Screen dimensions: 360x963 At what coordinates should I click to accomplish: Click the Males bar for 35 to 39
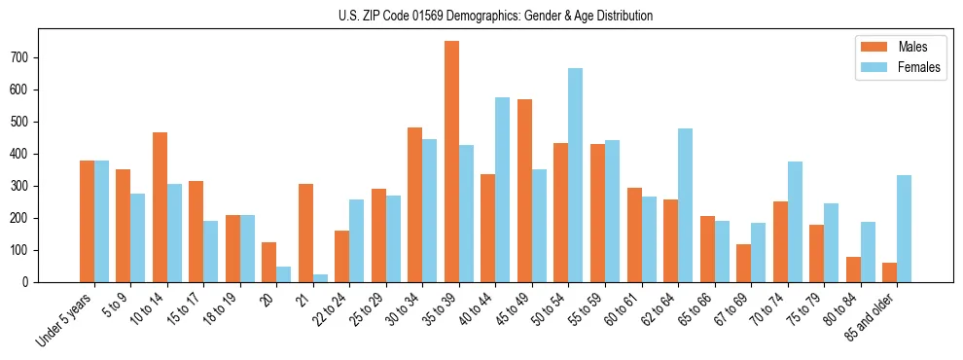point(451,162)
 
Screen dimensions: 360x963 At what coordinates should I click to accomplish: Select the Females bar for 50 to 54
point(575,175)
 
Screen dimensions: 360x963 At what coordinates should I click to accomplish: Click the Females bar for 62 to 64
point(685,205)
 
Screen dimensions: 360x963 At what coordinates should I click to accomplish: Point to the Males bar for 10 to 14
point(160,207)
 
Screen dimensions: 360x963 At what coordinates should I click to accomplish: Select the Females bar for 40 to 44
point(502,190)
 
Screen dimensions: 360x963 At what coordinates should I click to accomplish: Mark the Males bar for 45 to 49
point(524,191)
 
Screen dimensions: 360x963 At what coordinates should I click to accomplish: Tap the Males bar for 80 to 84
point(853,270)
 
